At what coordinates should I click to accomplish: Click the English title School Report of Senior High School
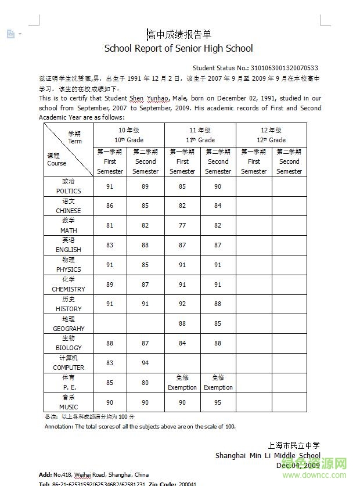pyautogui.click(x=178, y=49)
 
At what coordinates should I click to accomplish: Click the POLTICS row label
pyautogui.click(x=69, y=190)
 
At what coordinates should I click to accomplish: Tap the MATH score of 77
pyautogui.click(x=182, y=225)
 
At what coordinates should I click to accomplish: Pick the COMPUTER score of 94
pyautogui.click(x=145, y=363)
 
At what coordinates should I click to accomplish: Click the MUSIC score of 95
pyautogui.click(x=218, y=402)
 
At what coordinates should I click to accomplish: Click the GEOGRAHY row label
pyautogui.click(x=69, y=328)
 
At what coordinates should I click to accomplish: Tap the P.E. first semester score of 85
pyautogui.click(x=110, y=383)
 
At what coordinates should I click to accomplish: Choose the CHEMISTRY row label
pyautogui.click(x=69, y=289)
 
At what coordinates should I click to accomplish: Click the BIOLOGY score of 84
pyautogui.click(x=182, y=343)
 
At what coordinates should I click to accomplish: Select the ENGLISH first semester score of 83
pyautogui.click(x=110, y=245)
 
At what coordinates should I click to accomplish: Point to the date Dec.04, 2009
pyautogui.click(x=298, y=465)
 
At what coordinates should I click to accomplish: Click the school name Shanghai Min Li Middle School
pyautogui.click(x=268, y=455)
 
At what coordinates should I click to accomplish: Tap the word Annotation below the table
pyautogui.click(x=59, y=426)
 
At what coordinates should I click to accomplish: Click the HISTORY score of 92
pyautogui.click(x=182, y=304)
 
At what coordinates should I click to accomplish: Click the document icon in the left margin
pyautogui.click(x=10, y=34)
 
